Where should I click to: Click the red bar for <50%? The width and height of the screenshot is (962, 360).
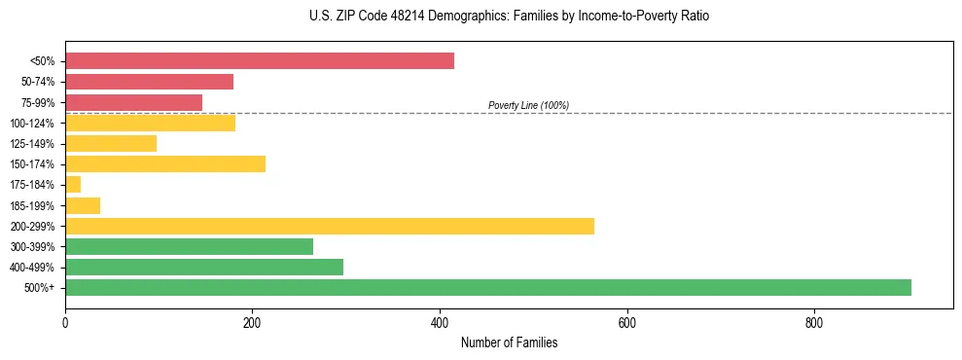[x=259, y=61]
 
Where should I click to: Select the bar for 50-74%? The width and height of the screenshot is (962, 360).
[x=149, y=82]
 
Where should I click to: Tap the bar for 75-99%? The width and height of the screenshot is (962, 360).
[x=133, y=102]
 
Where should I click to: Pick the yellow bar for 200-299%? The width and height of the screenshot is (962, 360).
[x=329, y=226]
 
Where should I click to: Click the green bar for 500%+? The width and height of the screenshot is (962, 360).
[x=487, y=287]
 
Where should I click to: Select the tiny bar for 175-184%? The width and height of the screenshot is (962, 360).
[x=73, y=184]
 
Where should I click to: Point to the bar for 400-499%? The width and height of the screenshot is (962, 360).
[x=203, y=267]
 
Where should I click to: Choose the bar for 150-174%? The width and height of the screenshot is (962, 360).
[x=164, y=163]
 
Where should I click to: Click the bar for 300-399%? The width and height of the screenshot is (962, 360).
[x=189, y=246]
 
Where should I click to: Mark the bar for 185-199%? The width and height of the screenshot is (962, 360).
[x=83, y=205]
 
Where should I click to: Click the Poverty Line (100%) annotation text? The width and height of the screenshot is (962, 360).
[x=528, y=105]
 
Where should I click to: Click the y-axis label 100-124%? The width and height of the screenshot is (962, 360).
[x=32, y=124]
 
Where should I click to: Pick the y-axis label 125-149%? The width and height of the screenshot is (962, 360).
[x=32, y=144]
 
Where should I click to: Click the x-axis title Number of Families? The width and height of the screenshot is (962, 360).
[x=509, y=343]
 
